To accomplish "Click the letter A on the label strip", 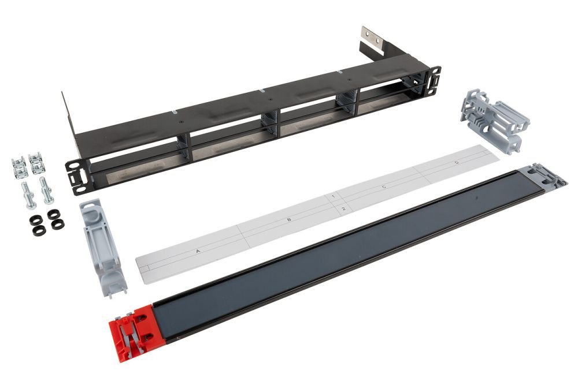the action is (198, 252).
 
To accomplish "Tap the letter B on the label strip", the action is (289, 220).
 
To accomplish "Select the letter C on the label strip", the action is (384, 188).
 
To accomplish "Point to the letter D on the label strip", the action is (457, 162).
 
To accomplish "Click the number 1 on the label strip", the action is (334, 197).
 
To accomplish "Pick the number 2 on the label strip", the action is (343, 209).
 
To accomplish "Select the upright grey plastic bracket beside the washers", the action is (102, 247).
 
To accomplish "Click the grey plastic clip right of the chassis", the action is (494, 121).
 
